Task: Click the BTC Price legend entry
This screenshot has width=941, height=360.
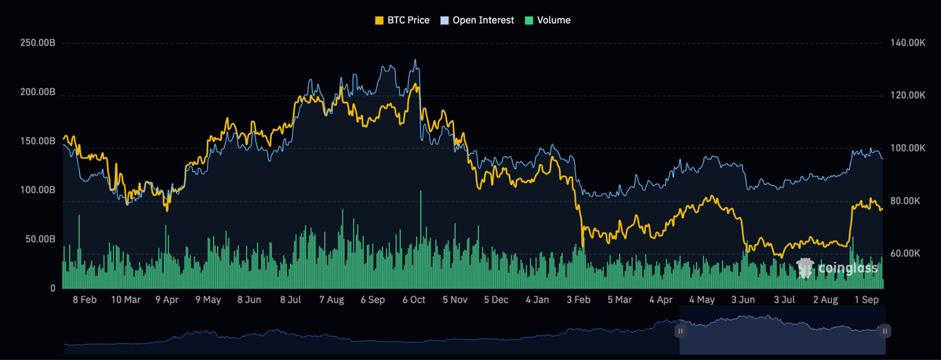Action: pyautogui.click(x=402, y=20)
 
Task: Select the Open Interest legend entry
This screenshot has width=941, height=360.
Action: pyautogui.click(x=477, y=20)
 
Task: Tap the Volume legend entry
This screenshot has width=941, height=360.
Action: pyautogui.click(x=548, y=20)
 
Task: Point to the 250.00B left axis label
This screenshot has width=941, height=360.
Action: pyautogui.click(x=38, y=43)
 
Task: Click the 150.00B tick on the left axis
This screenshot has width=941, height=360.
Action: pyautogui.click(x=38, y=141)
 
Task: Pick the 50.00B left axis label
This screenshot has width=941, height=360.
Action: pyautogui.click(x=40, y=239)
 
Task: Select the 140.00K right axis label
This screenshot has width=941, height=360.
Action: pyautogui.click(x=908, y=43)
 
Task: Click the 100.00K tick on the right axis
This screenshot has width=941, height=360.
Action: pyautogui.click(x=908, y=148)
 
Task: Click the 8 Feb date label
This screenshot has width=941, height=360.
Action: pyautogui.click(x=85, y=300)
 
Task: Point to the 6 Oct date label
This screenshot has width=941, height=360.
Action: pyautogui.click(x=414, y=300)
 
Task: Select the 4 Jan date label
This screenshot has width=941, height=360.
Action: pyautogui.click(x=537, y=300)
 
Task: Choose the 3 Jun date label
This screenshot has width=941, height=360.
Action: pyautogui.click(x=743, y=300)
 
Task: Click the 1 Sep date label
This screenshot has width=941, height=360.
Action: pyautogui.click(x=867, y=300)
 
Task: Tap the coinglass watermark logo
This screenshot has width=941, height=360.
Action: pyautogui.click(x=837, y=268)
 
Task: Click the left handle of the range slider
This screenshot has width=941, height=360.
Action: pyautogui.click(x=680, y=331)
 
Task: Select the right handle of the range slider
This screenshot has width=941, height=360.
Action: pyautogui.click(x=885, y=331)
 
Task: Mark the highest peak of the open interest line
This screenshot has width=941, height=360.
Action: pyautogui.click(x=416, y=60)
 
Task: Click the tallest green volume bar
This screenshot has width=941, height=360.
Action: pyautogui.click(x=420, y=239)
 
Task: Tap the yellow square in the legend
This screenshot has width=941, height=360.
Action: pyautogui.click(x=379, y=20)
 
